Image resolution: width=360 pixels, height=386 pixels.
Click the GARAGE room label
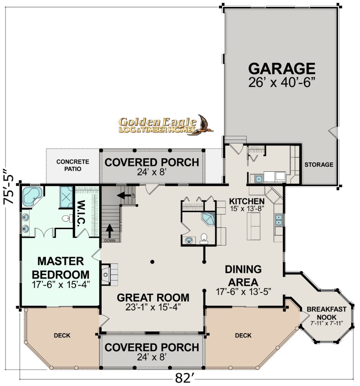282,69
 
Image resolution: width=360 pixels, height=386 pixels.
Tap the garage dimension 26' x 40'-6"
282,83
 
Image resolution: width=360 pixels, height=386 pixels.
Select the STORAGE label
319,165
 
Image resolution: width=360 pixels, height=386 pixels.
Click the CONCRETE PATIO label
73,165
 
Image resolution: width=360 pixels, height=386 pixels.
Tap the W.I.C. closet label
81,213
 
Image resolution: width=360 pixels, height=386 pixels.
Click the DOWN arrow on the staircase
110,231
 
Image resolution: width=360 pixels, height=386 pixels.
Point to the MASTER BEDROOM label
61,268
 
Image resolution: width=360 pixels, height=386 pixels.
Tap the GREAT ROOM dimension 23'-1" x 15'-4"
153,307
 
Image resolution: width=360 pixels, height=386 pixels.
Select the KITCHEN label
247,201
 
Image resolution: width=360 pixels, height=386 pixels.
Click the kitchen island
253,226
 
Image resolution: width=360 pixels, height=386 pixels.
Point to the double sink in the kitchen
278,220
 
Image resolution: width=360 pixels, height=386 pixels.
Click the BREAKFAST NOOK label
327,313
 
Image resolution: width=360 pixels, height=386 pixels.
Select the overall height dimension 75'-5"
9,186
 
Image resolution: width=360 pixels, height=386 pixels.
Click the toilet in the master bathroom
66,218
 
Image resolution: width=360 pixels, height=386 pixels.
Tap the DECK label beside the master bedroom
62,335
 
